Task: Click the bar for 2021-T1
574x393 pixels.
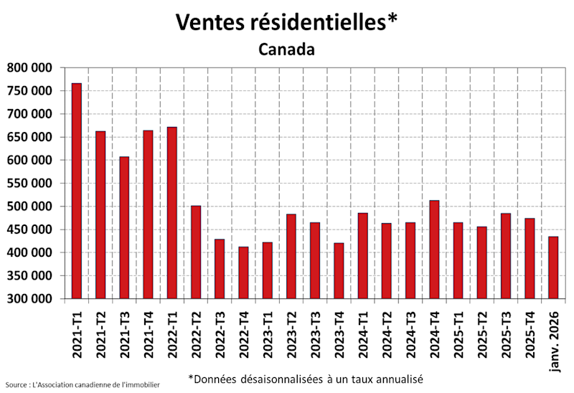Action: coord(77,191)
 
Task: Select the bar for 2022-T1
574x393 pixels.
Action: coord(172,212)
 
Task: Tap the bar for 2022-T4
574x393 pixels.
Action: coord(243,273)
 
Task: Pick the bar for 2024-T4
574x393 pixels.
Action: coord(434,250)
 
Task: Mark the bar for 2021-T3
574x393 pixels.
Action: coord(124,227)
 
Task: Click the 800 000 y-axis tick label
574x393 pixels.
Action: coord(30,68)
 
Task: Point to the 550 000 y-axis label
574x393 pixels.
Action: coord(30,184)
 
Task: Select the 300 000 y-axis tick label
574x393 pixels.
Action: coord(30,299)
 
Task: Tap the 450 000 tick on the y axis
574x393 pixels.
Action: coord(30,229)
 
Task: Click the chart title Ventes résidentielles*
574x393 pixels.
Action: coord(286,22)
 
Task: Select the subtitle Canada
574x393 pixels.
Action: coord(286,49)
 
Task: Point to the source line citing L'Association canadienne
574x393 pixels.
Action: coord(82,385)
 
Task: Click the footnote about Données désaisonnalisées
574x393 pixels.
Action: coord(306,378)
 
